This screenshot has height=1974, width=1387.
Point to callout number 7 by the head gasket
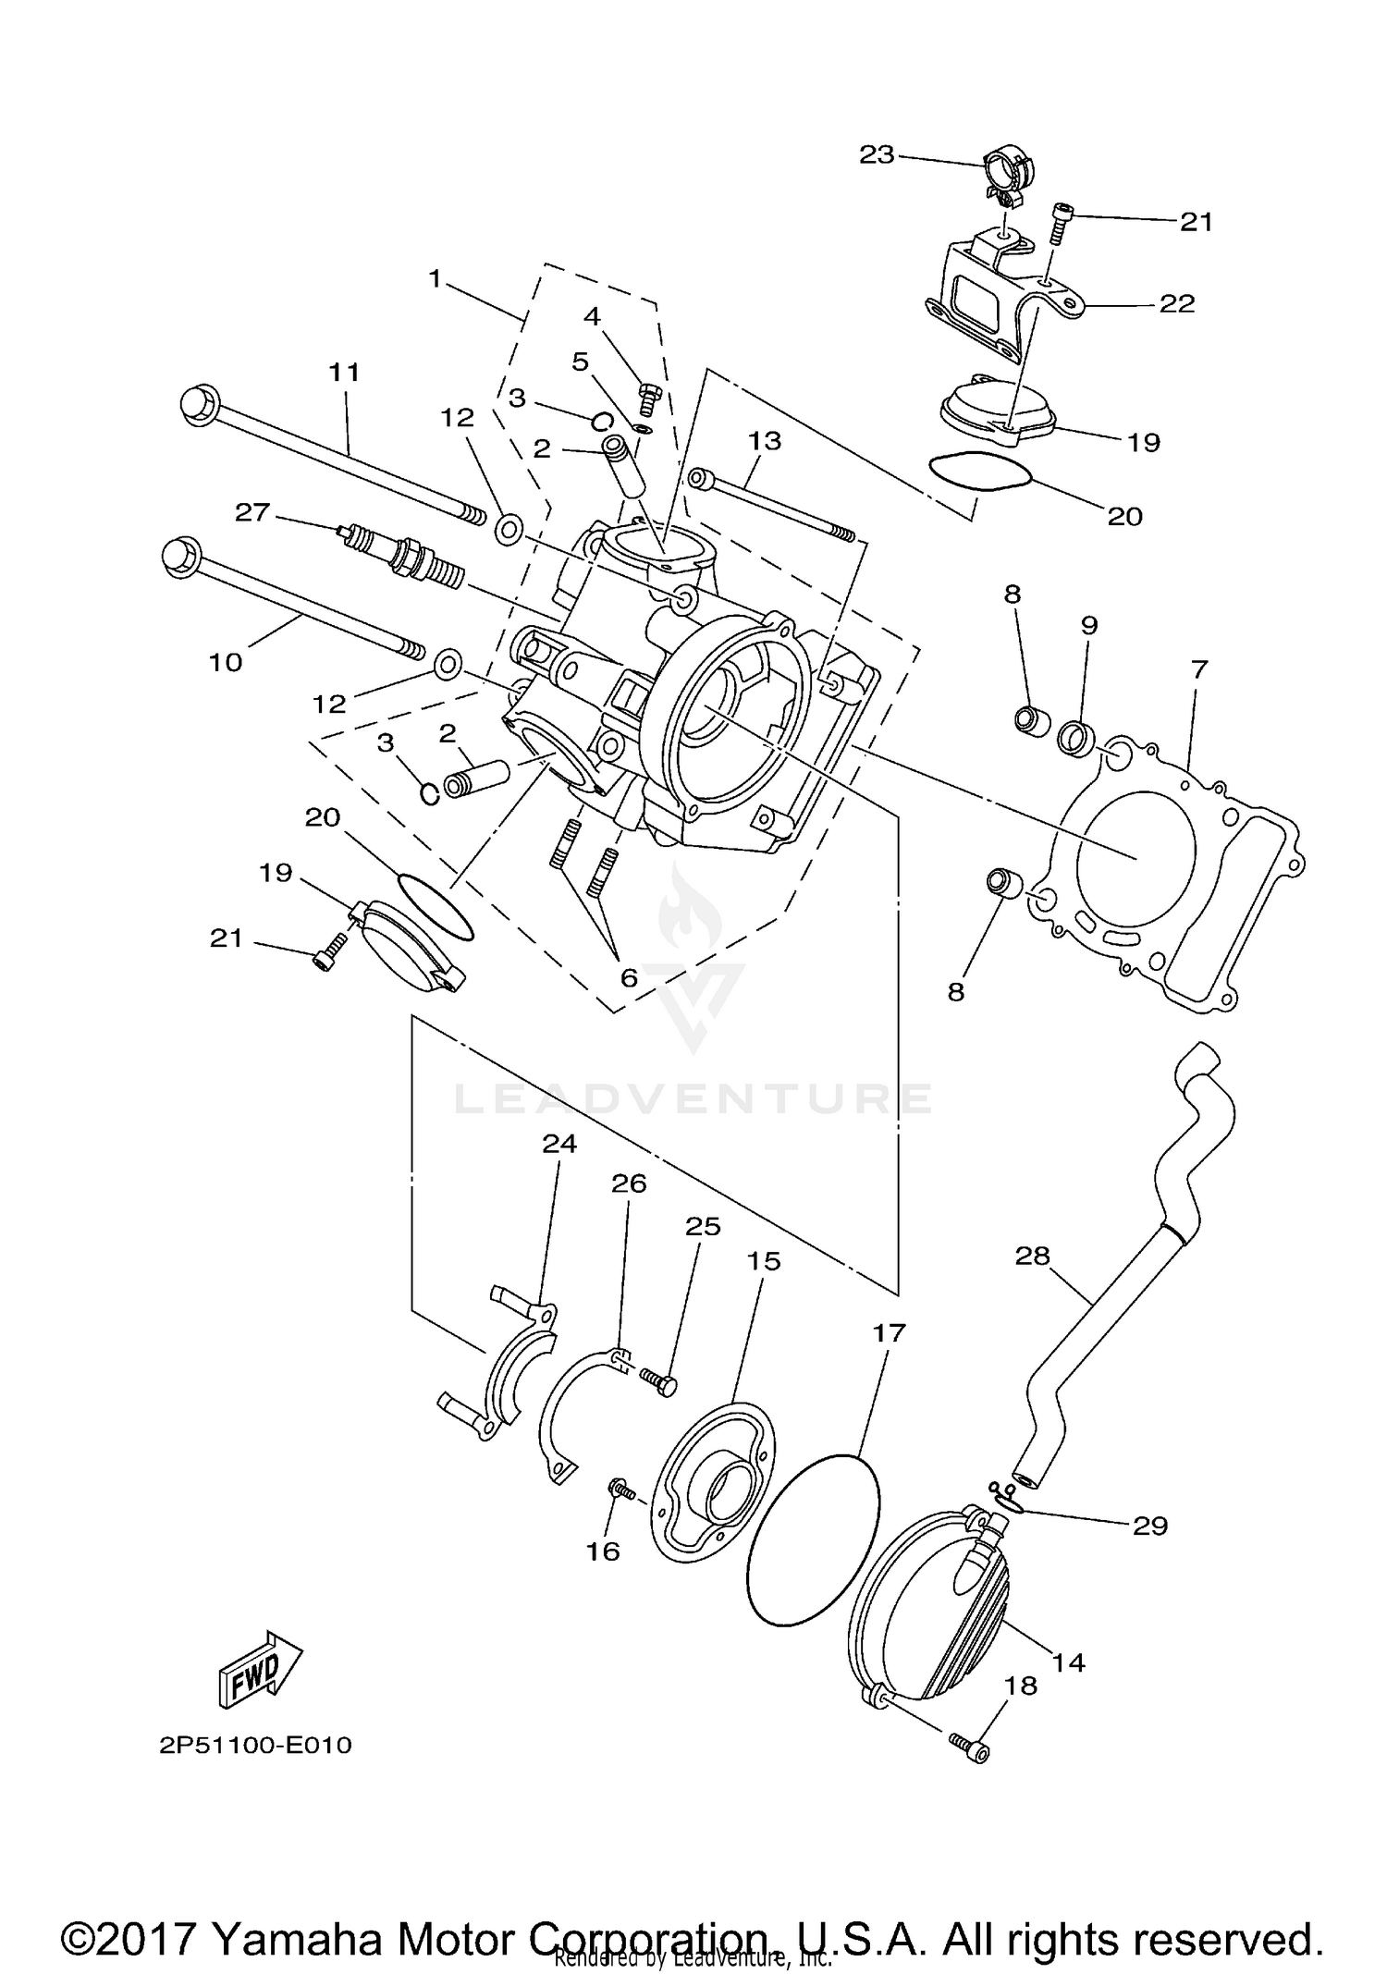[1199, 668]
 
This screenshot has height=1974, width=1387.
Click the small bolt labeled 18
[968, 1746]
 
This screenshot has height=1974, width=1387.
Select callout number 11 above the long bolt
[344, 373]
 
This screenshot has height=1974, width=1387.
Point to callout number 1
[436, 278]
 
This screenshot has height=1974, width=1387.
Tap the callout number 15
[764, 1261]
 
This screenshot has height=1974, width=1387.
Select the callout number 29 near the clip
[1150, 1525]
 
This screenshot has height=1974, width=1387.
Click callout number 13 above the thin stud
[765, 441]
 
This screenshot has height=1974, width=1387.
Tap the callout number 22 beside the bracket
[1177, 303]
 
